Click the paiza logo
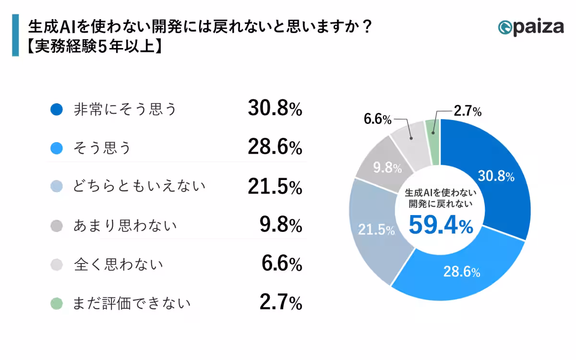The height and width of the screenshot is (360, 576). [531, 27]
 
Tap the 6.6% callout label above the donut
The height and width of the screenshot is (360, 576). [378, 119]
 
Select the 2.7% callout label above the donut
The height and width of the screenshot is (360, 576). [467, 112]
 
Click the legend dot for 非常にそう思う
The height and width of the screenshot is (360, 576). [57, 110]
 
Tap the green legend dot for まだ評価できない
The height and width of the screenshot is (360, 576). [57, 303]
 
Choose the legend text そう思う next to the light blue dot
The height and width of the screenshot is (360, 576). [102, 148]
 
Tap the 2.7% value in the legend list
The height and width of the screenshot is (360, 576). [281, 303]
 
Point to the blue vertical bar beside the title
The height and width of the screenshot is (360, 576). [15, 35]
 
